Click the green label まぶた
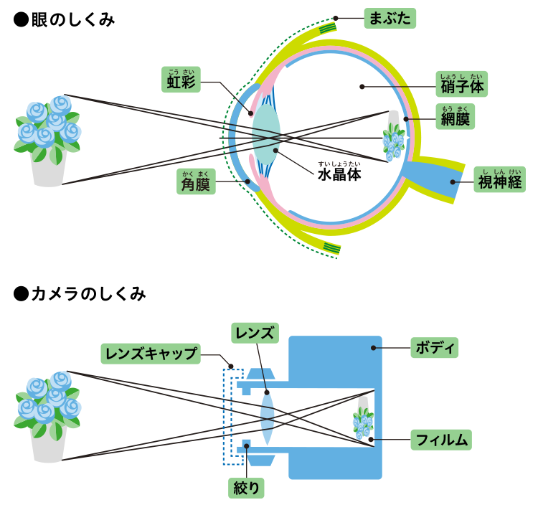390,18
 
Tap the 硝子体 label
461,85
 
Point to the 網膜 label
455,118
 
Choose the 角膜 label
195,183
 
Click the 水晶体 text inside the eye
339,174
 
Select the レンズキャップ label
150,353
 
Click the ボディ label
434,348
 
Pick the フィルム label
441,439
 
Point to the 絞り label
246,488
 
